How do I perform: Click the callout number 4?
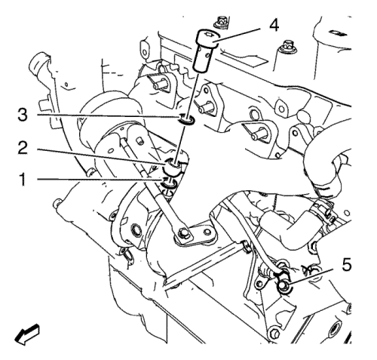point(274,26)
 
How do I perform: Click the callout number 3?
point(23,115)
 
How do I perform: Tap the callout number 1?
point(23,180)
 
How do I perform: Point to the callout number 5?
point(347,265)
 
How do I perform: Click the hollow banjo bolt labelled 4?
point(206,51)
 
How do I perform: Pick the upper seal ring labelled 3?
point(186,120)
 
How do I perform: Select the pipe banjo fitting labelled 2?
point(172,168)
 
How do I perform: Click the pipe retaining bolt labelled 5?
point(282,286)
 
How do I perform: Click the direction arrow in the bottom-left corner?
point(27,334)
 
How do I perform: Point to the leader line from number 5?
point(312,276)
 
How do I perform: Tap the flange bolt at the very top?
point(221,22)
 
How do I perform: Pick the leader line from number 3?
point(108,116)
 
